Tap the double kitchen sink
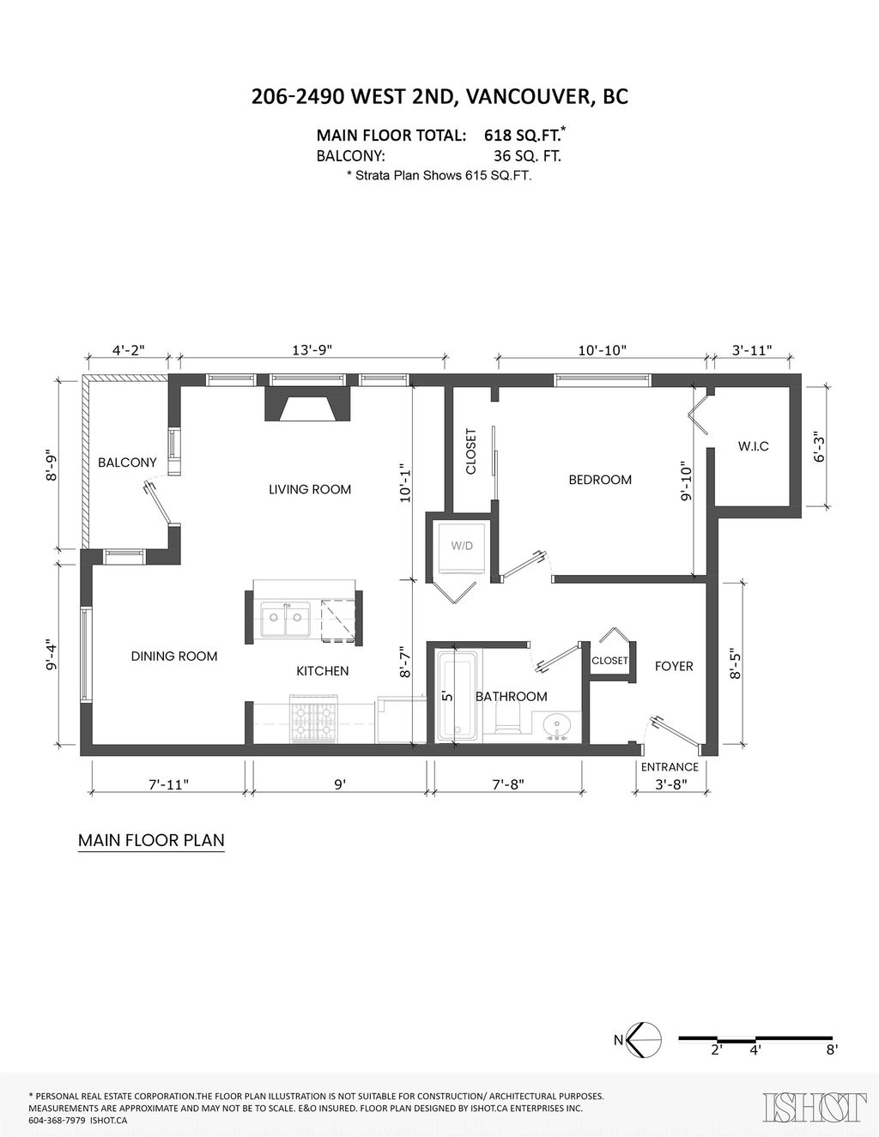tap(286, 619)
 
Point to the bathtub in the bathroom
tap(458, 696)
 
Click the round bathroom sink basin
tap(557, 725)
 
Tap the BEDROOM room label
tap(600, 480)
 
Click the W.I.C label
tap(754, 446)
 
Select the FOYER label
tap(674, 666)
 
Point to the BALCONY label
tap(127, 463)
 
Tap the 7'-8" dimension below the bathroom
tap(508, 784)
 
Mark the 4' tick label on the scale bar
tap(755, 1049)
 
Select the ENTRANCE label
tap(670, 767)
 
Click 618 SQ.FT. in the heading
tap(524, 135)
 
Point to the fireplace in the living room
tap(307, 404)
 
